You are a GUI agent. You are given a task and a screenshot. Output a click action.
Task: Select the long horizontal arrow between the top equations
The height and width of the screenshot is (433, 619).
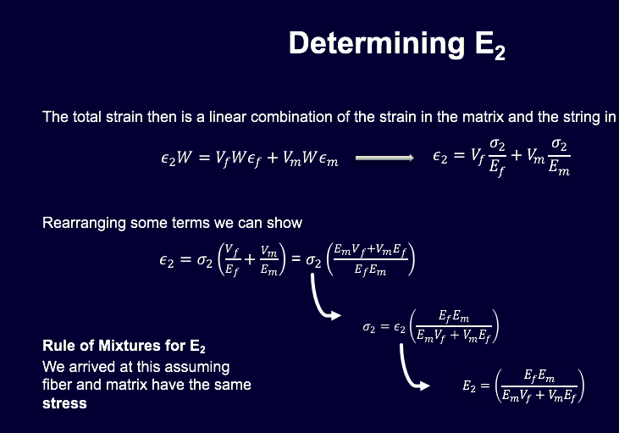(x=384, y=158)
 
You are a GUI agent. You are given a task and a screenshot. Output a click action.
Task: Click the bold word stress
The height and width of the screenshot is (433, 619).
(x=64, y=403)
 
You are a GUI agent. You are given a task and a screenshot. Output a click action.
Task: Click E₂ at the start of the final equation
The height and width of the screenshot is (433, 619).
(x=471, y=386)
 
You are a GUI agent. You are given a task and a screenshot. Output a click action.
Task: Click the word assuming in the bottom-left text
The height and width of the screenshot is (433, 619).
(x=202, y=366)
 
